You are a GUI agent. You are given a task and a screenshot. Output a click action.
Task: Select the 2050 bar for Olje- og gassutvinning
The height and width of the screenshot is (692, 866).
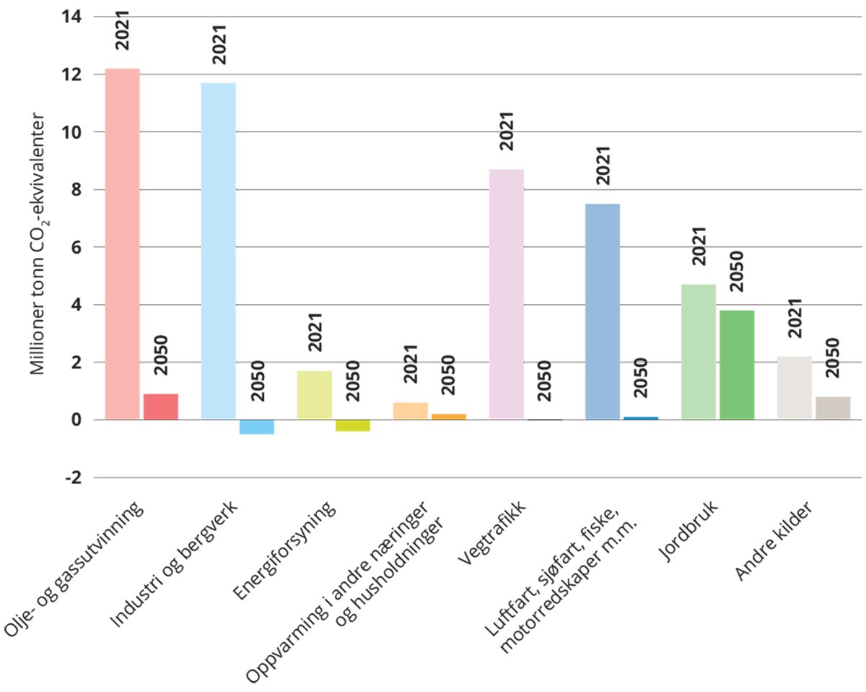tap(160, 407)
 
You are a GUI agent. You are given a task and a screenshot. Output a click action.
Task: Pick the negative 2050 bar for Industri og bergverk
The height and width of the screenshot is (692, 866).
tap(256, 427)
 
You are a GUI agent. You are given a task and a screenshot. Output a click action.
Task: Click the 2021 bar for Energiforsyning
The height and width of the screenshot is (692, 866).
tap(314, 395)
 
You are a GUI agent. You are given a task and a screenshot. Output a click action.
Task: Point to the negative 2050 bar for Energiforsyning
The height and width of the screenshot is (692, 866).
tap(352, 425)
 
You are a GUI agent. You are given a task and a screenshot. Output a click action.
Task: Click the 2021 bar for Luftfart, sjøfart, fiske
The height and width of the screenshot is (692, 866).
tap(602, 311)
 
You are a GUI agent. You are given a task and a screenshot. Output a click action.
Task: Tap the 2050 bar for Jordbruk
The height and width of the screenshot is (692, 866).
tap(736, 365)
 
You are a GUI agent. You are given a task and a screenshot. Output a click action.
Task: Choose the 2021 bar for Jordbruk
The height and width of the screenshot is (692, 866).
tap(698, 352)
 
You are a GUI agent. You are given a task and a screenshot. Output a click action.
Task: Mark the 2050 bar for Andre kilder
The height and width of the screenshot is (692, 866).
tap(832, 408)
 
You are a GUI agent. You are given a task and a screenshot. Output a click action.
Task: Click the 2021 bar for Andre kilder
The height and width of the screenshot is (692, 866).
tap(794, 388)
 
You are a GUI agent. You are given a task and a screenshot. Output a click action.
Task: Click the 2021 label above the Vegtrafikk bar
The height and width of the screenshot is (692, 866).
tap(507, 131)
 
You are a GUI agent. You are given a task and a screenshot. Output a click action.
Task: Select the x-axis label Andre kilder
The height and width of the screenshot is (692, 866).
tap(776, 542)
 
